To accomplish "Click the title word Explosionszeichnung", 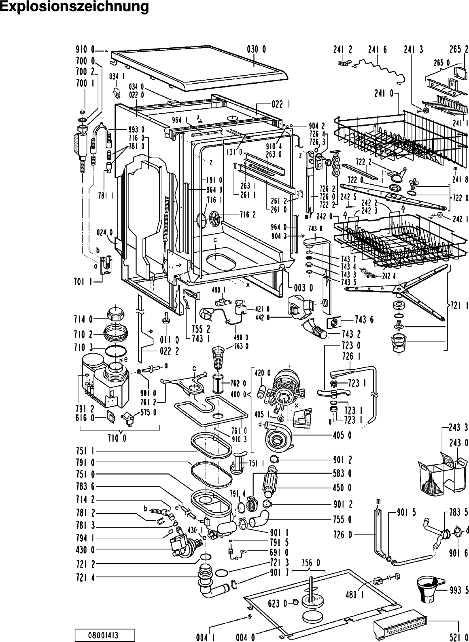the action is pos(74,7).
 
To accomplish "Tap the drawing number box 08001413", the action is pos(105,634).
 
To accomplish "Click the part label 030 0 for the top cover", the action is pos(257,50).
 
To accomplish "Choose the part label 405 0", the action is pos(342,435).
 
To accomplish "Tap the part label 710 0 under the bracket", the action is pos(117,438).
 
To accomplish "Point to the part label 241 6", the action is pos(378,50).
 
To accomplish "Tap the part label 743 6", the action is pos(364,319).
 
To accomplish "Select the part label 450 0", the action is pos(342,488).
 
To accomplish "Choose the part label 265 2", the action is pos(459,49).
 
